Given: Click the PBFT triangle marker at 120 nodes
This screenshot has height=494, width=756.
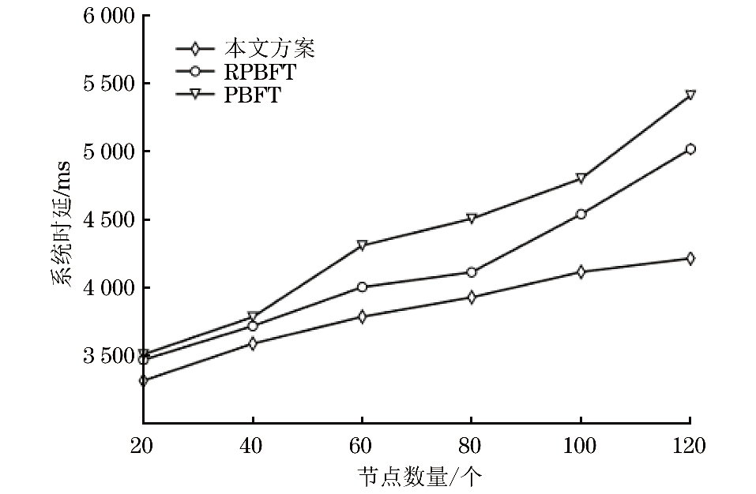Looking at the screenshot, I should [x=690, y=95].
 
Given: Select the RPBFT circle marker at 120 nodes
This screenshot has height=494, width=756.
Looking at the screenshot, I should [x=690, y=148].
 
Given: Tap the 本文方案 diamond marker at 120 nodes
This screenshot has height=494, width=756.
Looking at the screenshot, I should [x=690, y=258].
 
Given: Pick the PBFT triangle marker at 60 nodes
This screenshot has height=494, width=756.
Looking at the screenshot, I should [x=362, y=245].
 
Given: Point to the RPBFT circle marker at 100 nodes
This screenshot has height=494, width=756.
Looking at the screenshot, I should [x=581, y=214].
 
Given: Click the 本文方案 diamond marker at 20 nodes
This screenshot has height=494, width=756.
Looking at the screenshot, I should [x=143, y=380].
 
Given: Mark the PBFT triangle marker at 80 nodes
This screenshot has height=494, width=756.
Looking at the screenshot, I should [x=471, y=218].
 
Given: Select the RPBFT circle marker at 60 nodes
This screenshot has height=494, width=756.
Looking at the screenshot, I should [x=362, y=286].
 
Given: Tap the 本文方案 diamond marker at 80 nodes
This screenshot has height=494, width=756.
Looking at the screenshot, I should [x=471, y=298].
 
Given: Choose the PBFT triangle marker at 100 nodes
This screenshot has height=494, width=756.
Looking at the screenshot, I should [x=581, y=178].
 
